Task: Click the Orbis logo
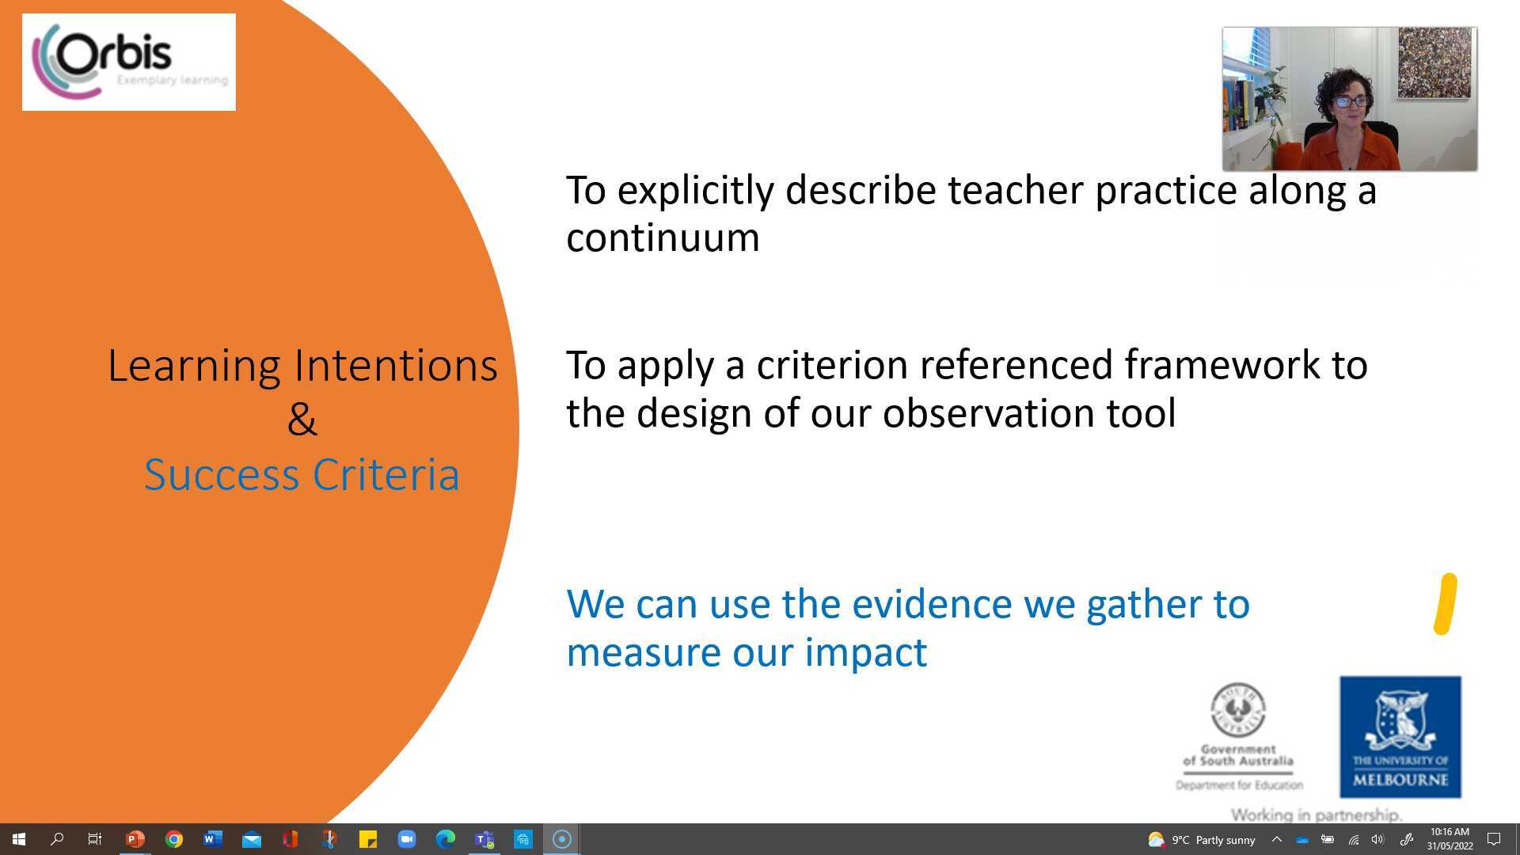pyautogui.click(x=128, y=62)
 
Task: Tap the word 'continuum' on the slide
pyautogui.click(x=663, y=237)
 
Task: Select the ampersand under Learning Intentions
pyautogui.click(x=302, y=420)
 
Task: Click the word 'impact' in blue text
pyautogui.click(x=865, y=652)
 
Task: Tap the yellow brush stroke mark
pyautogui.click(x=1446, y=604)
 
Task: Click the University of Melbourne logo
pyautogui.click(x=1400, y=736)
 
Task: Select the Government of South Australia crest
pyautogui.click(x=1237, y=709)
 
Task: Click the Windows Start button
pyautogui.click(x=19, y=839)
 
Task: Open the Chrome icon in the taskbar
pyautogui.click(x=174, y=839)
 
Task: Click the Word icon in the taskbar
pyautogui.click(x=212, y=839)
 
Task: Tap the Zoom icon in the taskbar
pyautogui.click(x=407, y=839)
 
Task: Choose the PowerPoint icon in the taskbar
pyautogui.click(x=135, y=839)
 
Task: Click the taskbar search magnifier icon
pyautogui.click(x=57, y=839)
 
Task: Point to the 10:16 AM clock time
pyautogui.click(x=1450, y=832)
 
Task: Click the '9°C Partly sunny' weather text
pyautogui.click(x=1214, y=840)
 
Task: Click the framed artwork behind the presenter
pyautogui.click(x=1434, y=63)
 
